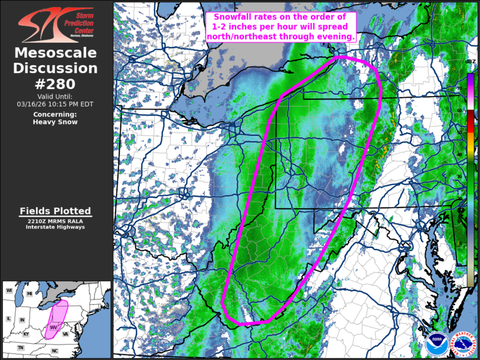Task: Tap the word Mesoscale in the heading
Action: [55, 54]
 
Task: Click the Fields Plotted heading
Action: [55, 211]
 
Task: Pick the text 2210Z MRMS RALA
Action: [55, 220]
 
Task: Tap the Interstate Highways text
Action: [55, 227]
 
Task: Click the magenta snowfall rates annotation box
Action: [281, 27]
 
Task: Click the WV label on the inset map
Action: [53, 327]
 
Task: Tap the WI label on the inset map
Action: [9, 291]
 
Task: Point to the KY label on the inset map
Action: [27, 334]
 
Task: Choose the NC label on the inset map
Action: [55, 351]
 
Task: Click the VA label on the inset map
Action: [66, 334]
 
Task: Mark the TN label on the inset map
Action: [21, 348]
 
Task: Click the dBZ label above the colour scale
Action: [470, 62]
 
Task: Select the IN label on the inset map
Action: [22, 320]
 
